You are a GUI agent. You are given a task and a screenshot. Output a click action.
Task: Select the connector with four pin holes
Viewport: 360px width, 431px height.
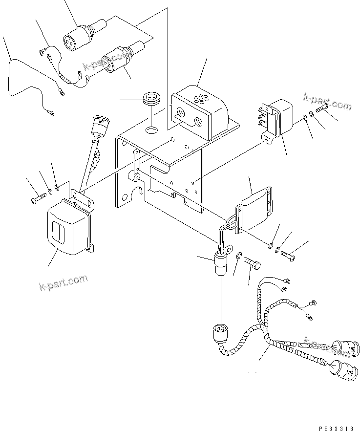coord(71,42)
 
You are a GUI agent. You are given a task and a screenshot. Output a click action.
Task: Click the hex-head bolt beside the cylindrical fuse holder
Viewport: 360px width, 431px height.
coord(253,265)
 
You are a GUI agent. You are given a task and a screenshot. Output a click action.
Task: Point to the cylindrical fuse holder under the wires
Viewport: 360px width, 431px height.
coord(221,266)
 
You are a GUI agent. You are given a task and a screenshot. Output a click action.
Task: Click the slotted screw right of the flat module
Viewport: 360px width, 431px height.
coord(289,254)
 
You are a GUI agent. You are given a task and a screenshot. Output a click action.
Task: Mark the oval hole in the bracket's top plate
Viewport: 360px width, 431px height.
coord(152,129)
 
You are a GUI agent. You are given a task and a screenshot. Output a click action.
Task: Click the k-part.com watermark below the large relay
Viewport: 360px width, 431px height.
coord(64,282)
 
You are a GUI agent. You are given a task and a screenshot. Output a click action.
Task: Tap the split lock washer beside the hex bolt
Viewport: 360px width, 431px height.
coord(239,257)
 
